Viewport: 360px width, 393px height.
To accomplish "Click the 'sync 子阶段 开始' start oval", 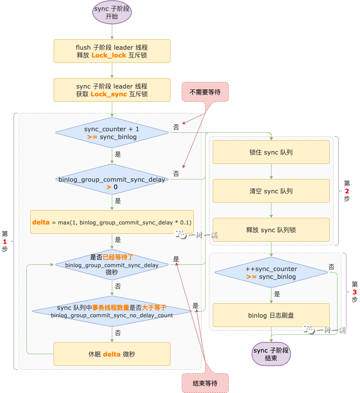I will [x=112, y=12].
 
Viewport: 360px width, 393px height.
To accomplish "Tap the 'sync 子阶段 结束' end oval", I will [x=271, y=354].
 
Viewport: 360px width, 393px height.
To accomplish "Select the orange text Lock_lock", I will [x=109, y=55].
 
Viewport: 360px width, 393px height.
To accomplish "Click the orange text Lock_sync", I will [x=109, y=94].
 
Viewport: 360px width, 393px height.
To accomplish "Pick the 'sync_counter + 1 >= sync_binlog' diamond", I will [x=112, y=133].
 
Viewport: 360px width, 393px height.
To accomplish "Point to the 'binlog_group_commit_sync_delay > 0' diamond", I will [x=112, y=179].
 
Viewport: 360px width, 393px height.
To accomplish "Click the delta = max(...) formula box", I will [x=112, y=222].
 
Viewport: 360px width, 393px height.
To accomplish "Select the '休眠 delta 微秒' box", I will [x=112, y=354].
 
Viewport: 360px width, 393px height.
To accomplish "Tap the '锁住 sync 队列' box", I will [x=271, y=152].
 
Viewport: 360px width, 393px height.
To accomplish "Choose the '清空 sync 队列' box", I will [x=271, y=191].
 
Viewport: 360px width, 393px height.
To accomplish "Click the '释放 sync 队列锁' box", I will [x=271, y=230].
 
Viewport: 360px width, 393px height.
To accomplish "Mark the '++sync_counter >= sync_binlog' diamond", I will [x=271, y=273].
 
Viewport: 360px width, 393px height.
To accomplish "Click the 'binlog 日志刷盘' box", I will [x=271, y=315].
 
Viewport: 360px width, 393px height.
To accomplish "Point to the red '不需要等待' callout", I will [x=205, y=92].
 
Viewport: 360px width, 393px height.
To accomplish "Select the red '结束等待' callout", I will [x=205, y=383].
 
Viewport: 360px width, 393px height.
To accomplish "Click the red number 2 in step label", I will [x=347, y=191].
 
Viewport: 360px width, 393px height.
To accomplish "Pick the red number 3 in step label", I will [x=355, y=292].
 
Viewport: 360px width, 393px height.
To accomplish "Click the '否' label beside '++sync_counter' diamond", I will [x=331, y=267].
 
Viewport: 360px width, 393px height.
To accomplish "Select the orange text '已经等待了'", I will [x=118, y=257].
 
